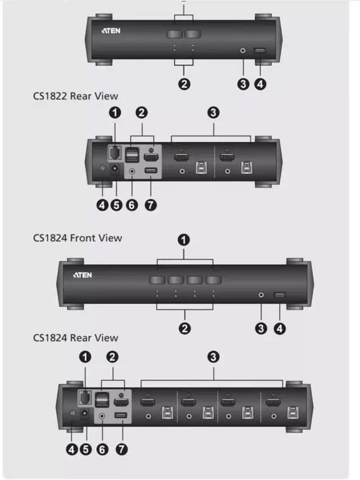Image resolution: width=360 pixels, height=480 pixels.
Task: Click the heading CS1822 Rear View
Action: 75,96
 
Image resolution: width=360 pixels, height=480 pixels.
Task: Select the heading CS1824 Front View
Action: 77,238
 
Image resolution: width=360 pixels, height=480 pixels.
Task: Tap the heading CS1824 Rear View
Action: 75,338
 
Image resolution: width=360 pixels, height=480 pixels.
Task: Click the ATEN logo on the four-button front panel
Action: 82,275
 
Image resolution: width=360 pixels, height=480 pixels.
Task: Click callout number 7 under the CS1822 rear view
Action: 150,205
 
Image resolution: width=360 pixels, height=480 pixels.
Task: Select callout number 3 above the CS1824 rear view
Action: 213,357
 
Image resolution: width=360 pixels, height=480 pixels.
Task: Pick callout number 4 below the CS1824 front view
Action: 280,328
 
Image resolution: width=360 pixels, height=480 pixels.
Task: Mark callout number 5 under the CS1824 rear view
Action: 85,449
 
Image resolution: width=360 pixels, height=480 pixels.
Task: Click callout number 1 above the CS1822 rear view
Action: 115,113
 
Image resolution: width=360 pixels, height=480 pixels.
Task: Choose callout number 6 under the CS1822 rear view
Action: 132,205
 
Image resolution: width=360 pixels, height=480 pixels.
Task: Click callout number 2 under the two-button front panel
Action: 184,84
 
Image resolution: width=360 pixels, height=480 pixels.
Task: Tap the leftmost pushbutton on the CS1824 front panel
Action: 157,280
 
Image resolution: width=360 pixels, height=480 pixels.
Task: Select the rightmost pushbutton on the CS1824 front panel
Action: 213,280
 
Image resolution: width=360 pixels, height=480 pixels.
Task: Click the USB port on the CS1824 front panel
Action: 279,295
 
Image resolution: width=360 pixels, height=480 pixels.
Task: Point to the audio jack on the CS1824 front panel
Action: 260,294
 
